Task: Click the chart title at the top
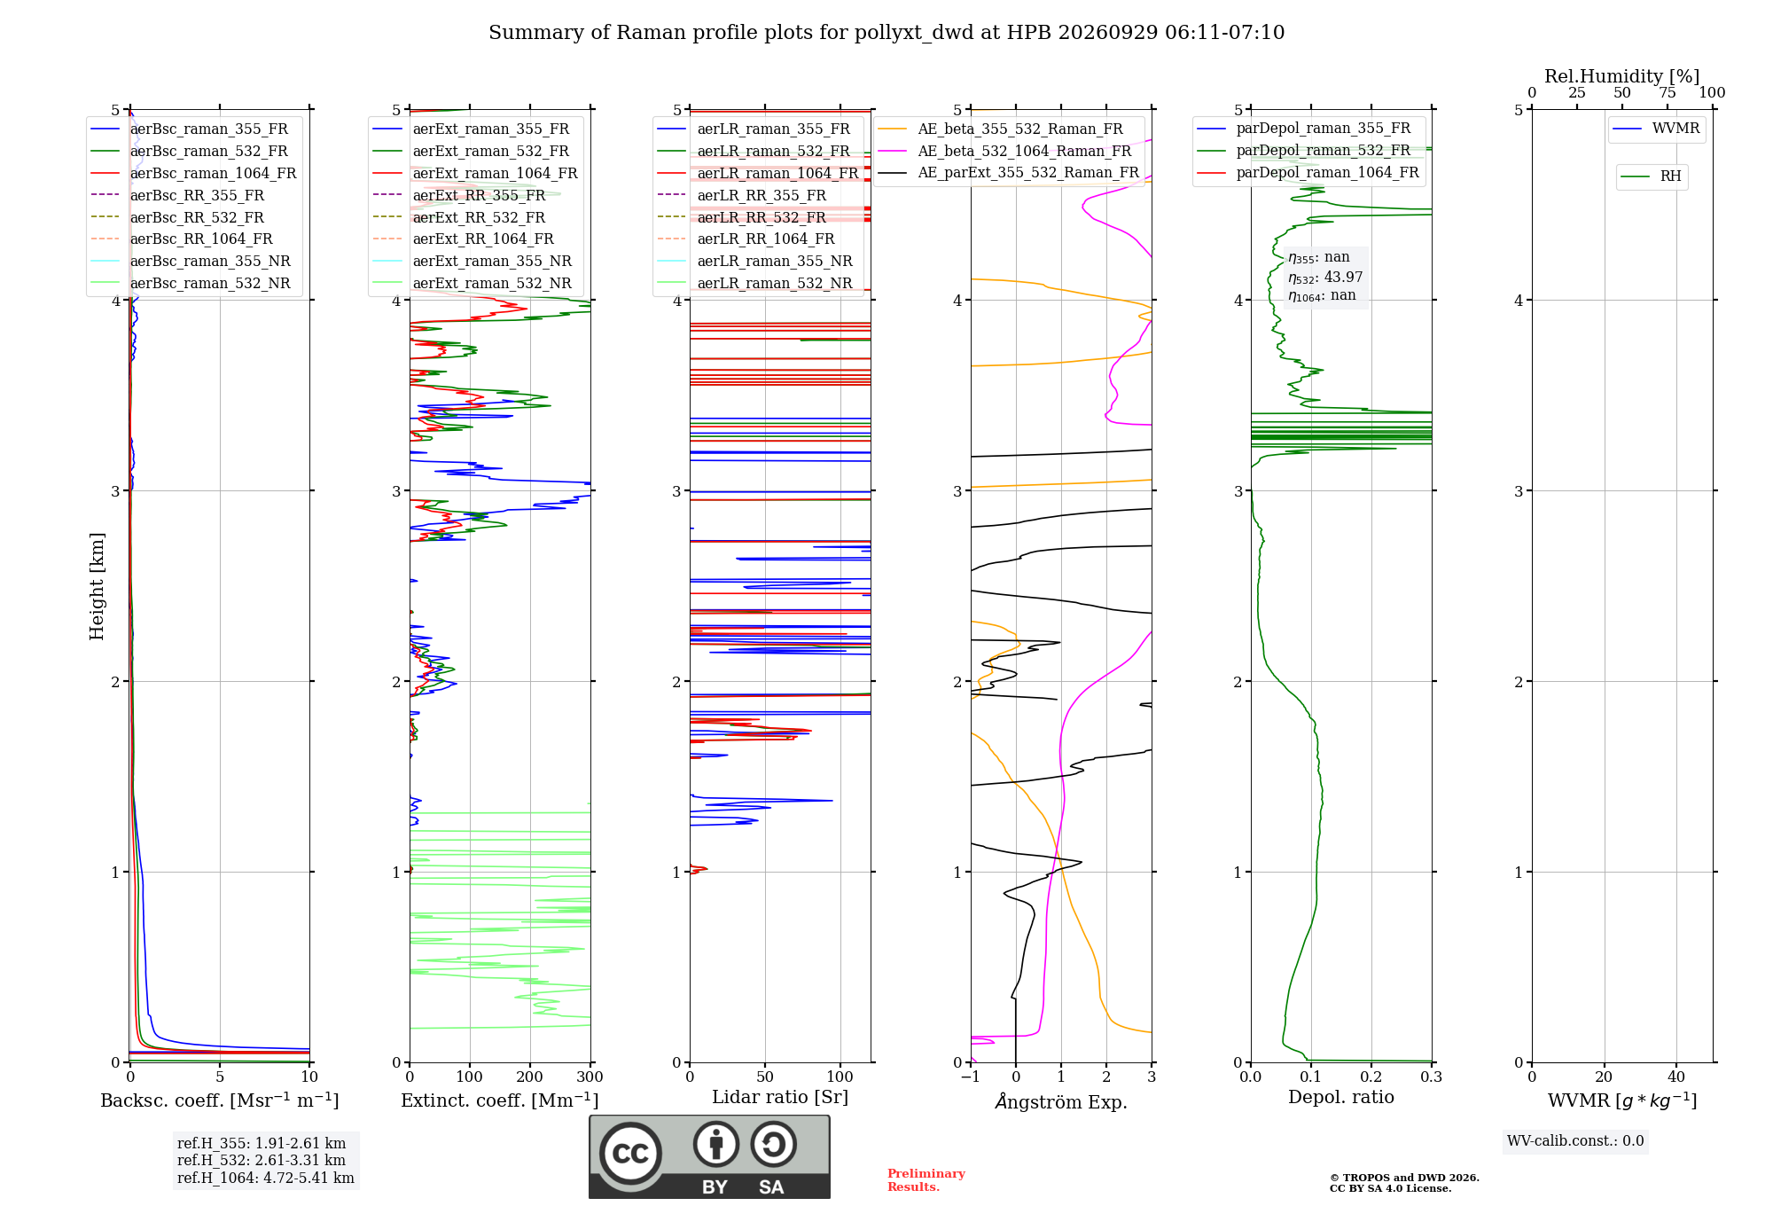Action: tap(886, 33)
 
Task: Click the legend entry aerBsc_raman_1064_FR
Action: tap(193, 173)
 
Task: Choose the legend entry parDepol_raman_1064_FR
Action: tap(1308, 172)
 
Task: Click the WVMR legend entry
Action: tap(1656, 129)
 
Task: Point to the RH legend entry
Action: tap(1651, 176)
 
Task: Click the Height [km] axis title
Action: tap(97, 586)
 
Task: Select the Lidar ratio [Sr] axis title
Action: tap(780, 1097)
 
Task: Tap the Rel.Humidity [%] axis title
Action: tap(1622, 76)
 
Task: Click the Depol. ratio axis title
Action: tap(1341, 1097)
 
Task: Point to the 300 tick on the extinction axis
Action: tap(590, 1077)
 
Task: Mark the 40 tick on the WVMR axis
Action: tap(1676, 1077)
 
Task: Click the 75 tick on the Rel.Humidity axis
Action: tap(1668, 92)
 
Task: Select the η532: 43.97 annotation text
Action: tap(1325, 277)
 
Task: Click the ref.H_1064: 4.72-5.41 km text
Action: tap(266, 1178)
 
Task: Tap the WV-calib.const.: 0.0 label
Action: tap(1575, 1140)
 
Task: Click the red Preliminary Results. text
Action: tap(926, 1180)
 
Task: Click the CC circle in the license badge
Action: tap(630, 1153)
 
